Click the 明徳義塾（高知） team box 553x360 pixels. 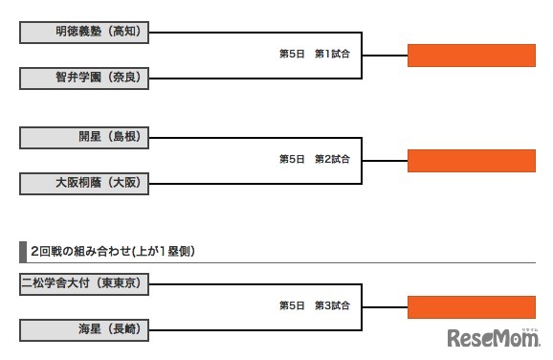[x=84, y=33]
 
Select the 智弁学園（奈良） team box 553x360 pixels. [x=84, y=77]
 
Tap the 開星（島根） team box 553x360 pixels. [x=84, y=137]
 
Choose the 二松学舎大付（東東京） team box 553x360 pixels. [x=84, y=283]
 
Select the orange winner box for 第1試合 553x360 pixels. [x=471, y=55]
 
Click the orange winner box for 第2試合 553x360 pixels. [x=471, y=159]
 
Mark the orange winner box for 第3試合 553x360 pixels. [x=471, y=306]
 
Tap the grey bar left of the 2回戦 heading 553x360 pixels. [x=22, y=251]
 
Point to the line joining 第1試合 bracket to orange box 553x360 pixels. [x=385, y=55]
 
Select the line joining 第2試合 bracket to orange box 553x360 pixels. [x=385, y=159]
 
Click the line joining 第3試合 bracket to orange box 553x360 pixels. [x=385, y=306]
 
